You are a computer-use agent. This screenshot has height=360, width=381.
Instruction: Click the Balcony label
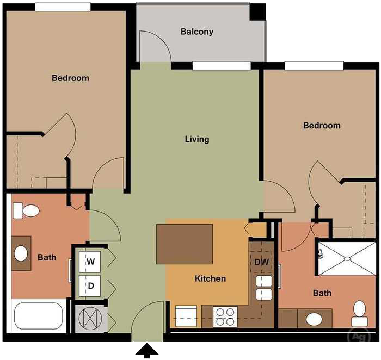point(196,32)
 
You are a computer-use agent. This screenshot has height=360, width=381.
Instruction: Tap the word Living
point(196,139)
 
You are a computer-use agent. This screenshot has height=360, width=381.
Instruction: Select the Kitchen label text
point(210,278)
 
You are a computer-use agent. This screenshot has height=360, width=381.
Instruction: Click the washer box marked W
point(91,262)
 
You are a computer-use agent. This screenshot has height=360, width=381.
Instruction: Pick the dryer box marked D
point(91,285)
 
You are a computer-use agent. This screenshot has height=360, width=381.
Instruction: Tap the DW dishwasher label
point(261,262)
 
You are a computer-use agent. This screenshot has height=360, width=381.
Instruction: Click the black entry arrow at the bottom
point(146,351)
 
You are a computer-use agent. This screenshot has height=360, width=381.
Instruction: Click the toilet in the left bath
point(26,210)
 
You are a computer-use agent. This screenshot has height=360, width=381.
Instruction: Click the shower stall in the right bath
point(346,258)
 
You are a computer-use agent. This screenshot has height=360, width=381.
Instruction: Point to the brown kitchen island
point(185,244)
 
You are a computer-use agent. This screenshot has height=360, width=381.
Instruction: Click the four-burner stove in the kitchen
point(225,316)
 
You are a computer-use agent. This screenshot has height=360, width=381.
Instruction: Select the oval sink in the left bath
point(21,253)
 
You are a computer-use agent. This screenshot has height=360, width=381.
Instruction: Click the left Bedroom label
point(70,78)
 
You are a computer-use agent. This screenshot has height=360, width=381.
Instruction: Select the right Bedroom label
point(322,126)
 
